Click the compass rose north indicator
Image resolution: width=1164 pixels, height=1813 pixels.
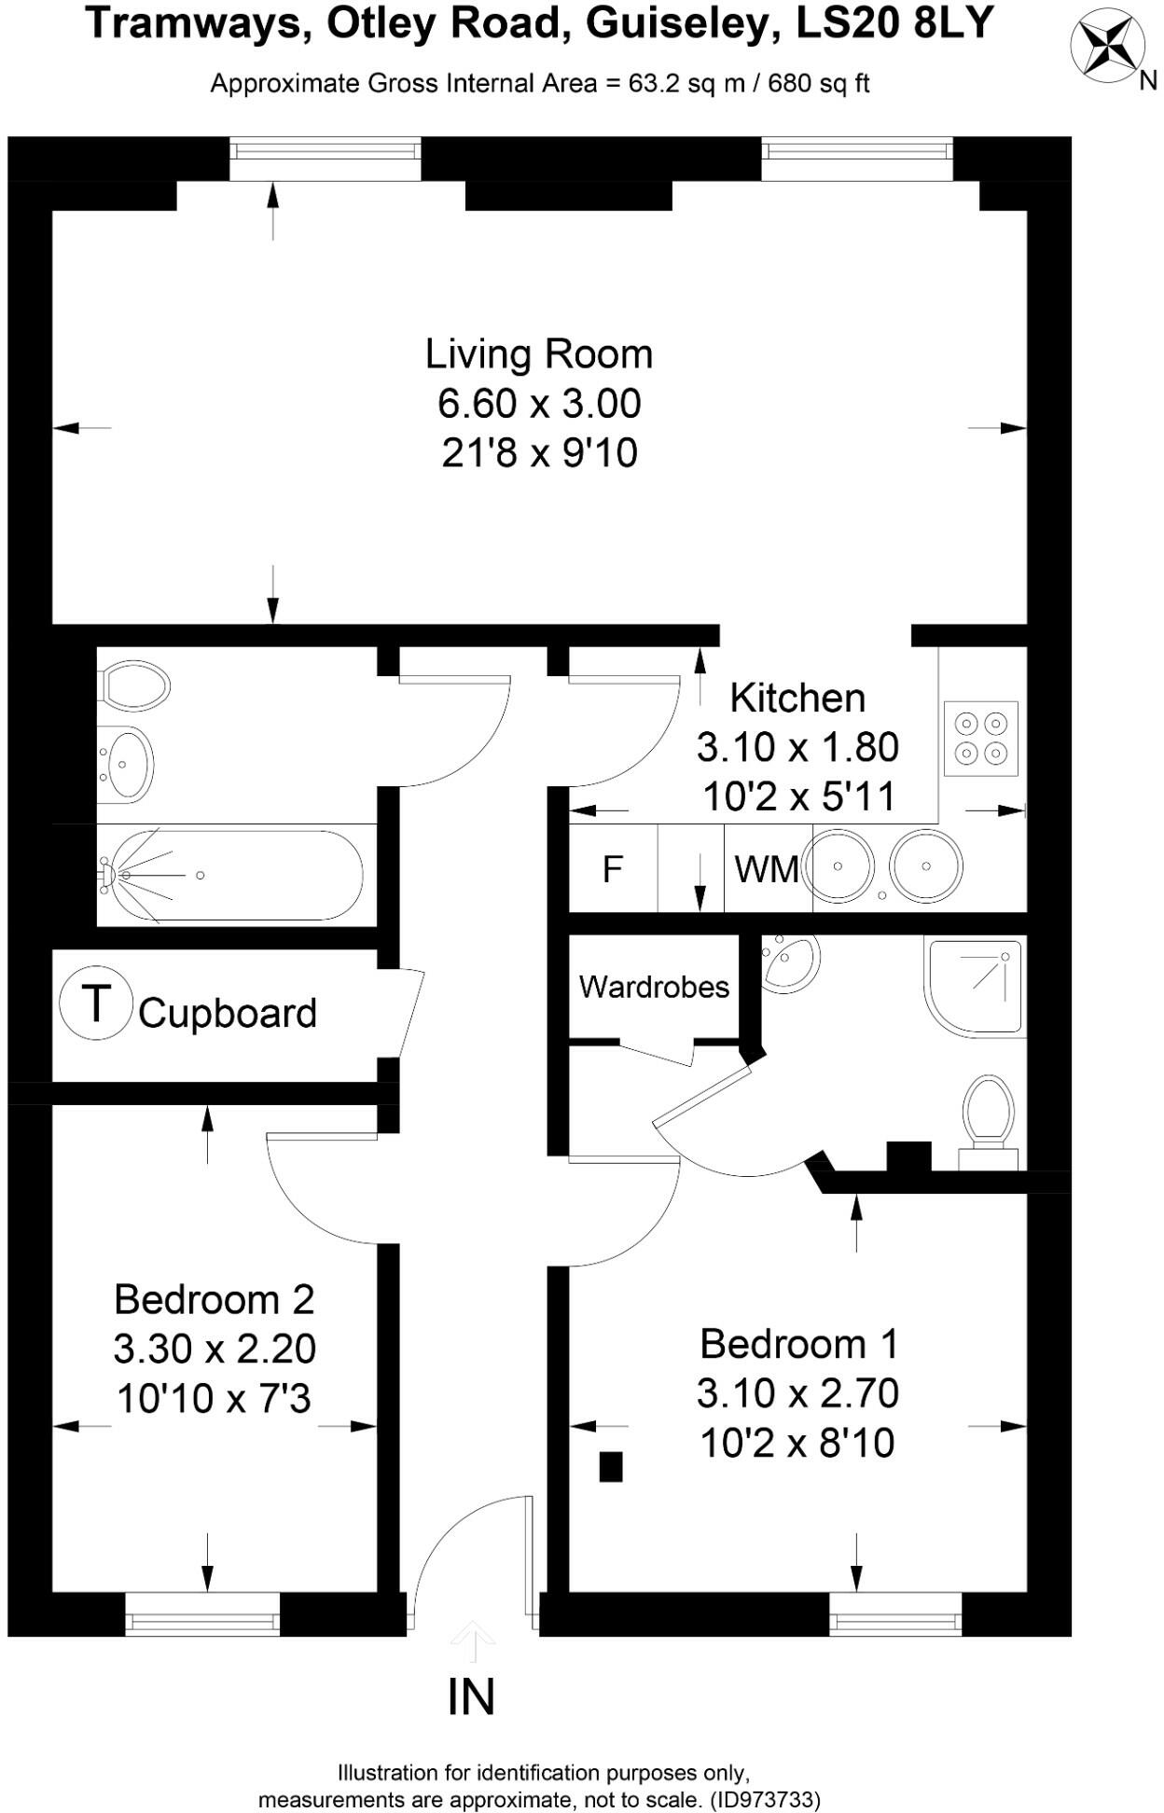[x=1108, y=48]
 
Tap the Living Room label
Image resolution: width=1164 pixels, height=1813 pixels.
[x=538, y=354]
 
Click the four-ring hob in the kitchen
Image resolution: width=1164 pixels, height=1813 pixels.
[x=981, y=738]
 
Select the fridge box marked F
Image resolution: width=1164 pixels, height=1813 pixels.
[x=613, y=868]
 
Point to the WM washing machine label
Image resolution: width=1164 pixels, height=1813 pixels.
[x=767, y=869]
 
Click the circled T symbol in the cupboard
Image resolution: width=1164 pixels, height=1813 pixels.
[x=95, y=1004]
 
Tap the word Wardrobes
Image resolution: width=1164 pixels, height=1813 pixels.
[x=654, y=987]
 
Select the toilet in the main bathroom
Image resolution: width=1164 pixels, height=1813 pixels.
[x=134, y=687]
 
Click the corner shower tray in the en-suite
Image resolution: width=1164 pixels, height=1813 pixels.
[x=976, y=986]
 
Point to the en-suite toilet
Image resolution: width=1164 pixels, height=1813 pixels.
[x=989, y=1120]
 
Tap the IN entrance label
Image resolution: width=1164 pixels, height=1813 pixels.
[x=471, y=1696]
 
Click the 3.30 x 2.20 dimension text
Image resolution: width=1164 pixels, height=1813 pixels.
[x=215, y=1349]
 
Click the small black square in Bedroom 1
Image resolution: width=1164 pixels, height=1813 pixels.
[x=610, y=1467]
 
